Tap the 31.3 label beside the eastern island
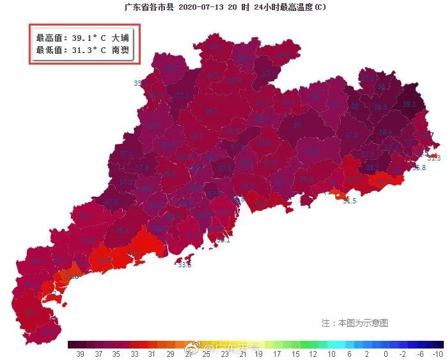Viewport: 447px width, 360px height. click(x=434, y=158)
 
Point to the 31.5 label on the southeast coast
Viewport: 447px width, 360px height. click(x=349, y=201)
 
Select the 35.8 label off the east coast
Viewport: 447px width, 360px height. click(x=418, y=168)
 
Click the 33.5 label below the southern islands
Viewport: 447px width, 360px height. click(x=185, y=265)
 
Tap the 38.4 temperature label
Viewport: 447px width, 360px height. click(x=385, y=132)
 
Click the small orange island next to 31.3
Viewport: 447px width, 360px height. click(x=433, y=154)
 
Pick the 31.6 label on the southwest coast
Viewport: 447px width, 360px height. click(x=72, y=276)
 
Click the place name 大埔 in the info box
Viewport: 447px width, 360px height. click(x=120, y=38)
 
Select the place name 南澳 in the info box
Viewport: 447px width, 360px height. click(x=120, y=49)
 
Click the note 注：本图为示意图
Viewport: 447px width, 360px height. click(x=354, y=323)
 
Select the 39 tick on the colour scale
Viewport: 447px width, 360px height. click(x=81, y=354)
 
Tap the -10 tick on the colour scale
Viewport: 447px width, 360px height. click(x=437, y=354)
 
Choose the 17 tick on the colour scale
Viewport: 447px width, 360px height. click(x=277, y=354)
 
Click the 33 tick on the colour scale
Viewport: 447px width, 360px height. click(x=134, y=354)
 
